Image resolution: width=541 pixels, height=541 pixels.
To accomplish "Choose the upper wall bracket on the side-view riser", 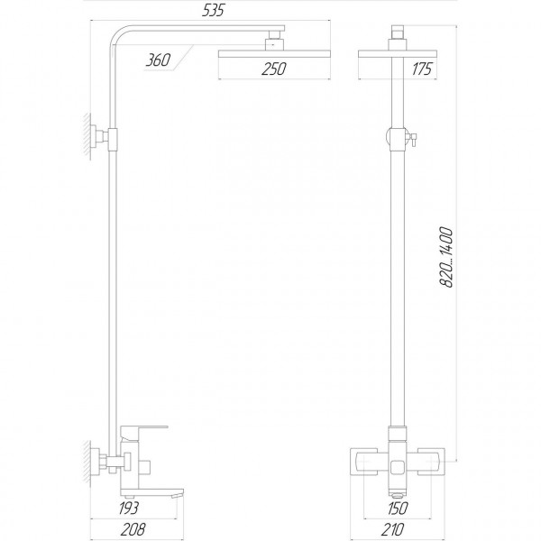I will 115,138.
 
